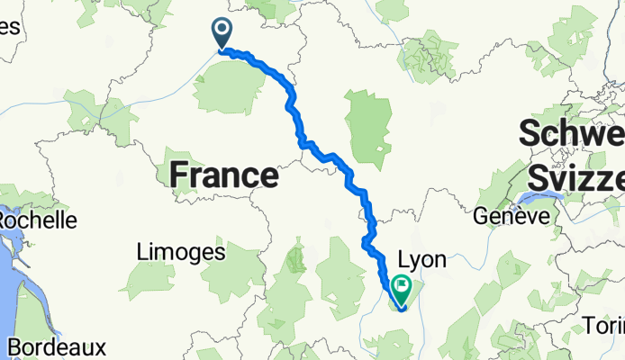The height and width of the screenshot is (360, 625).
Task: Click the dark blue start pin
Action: point(222,33)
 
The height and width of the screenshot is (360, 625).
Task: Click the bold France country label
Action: point(223,175)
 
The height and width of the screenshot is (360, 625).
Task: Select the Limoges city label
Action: point(181,253)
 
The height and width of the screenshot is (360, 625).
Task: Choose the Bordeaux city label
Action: point(56,346)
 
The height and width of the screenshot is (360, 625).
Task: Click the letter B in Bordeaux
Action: point(14,346)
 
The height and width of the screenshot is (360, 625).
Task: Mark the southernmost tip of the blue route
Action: point(402,309)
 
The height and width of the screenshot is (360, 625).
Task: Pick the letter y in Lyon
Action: point(417,262)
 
